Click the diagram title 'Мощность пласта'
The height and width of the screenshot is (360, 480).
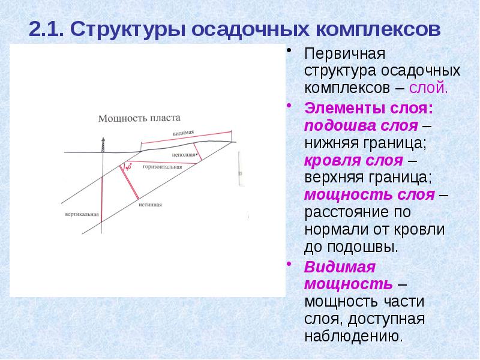pos(139,118)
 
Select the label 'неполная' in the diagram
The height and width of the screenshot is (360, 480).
pos(184,154)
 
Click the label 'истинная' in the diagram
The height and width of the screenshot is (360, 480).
pos(150,205)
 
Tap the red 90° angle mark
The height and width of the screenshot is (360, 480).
pos(127,167)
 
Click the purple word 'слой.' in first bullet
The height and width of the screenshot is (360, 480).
pos(428,88)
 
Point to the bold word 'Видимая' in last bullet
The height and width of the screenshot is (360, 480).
pos(339,266)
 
